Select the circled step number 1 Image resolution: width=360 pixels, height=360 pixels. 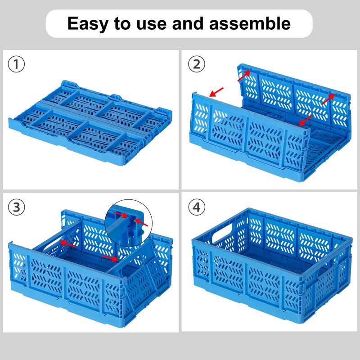click(x=17, y=64)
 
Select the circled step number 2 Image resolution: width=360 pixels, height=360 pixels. click(x=196, y=64)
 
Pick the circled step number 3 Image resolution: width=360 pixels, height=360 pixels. click(x=17, y=207)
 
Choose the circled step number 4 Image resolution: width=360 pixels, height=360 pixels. click(x=196, y=207)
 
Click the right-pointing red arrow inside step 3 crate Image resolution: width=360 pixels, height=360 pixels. click(x=111, y=258)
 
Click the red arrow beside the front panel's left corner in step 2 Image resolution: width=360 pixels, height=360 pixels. click(x=216, y=92)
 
